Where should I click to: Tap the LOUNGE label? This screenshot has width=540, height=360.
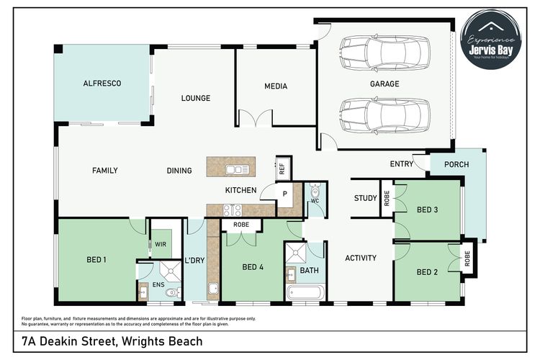point(195,98)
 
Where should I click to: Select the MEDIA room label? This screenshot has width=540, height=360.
point(275,86)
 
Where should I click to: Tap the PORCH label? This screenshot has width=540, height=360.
point(456,164)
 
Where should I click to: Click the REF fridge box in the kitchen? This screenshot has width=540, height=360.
point(282,168)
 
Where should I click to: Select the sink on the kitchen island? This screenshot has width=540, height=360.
point(237,170)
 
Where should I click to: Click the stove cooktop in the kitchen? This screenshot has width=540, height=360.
point(233,210)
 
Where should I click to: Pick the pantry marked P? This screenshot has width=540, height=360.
point(284,194)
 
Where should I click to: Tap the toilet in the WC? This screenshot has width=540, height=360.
point(314,192)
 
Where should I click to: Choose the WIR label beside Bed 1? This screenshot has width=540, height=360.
point(160,244)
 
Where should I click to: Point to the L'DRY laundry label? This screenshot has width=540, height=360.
point(194,260)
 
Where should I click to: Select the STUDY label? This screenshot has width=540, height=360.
point(365,198)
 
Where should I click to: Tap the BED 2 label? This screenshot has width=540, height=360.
point(427,272)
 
